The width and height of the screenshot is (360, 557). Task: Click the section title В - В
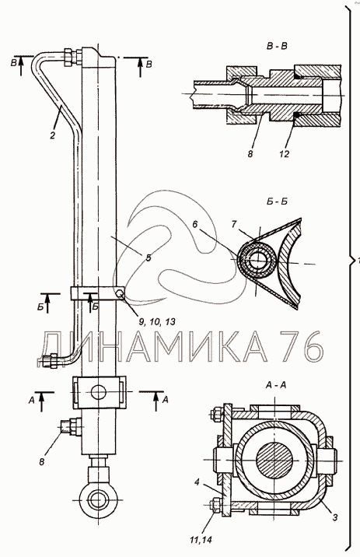tap(277, 46)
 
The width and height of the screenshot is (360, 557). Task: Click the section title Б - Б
tap(277, 201)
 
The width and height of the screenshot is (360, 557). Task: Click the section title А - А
tap(275, 384)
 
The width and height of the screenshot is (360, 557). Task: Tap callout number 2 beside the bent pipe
tap(53, 135)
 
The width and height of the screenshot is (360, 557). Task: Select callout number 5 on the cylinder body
tap(148, 257)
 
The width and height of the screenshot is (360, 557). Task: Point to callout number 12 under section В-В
tap(285, 154)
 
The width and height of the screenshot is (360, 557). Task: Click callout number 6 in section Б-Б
tap(194, 225)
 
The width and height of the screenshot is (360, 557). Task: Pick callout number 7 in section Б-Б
tap(233, 225)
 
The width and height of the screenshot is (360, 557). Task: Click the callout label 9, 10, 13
tap(156, 322)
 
